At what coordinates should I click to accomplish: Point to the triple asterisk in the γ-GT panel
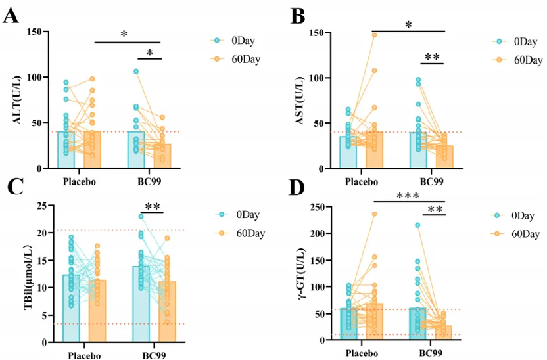tap(409, 196)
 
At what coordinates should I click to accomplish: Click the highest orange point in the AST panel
tap(375, 34)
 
